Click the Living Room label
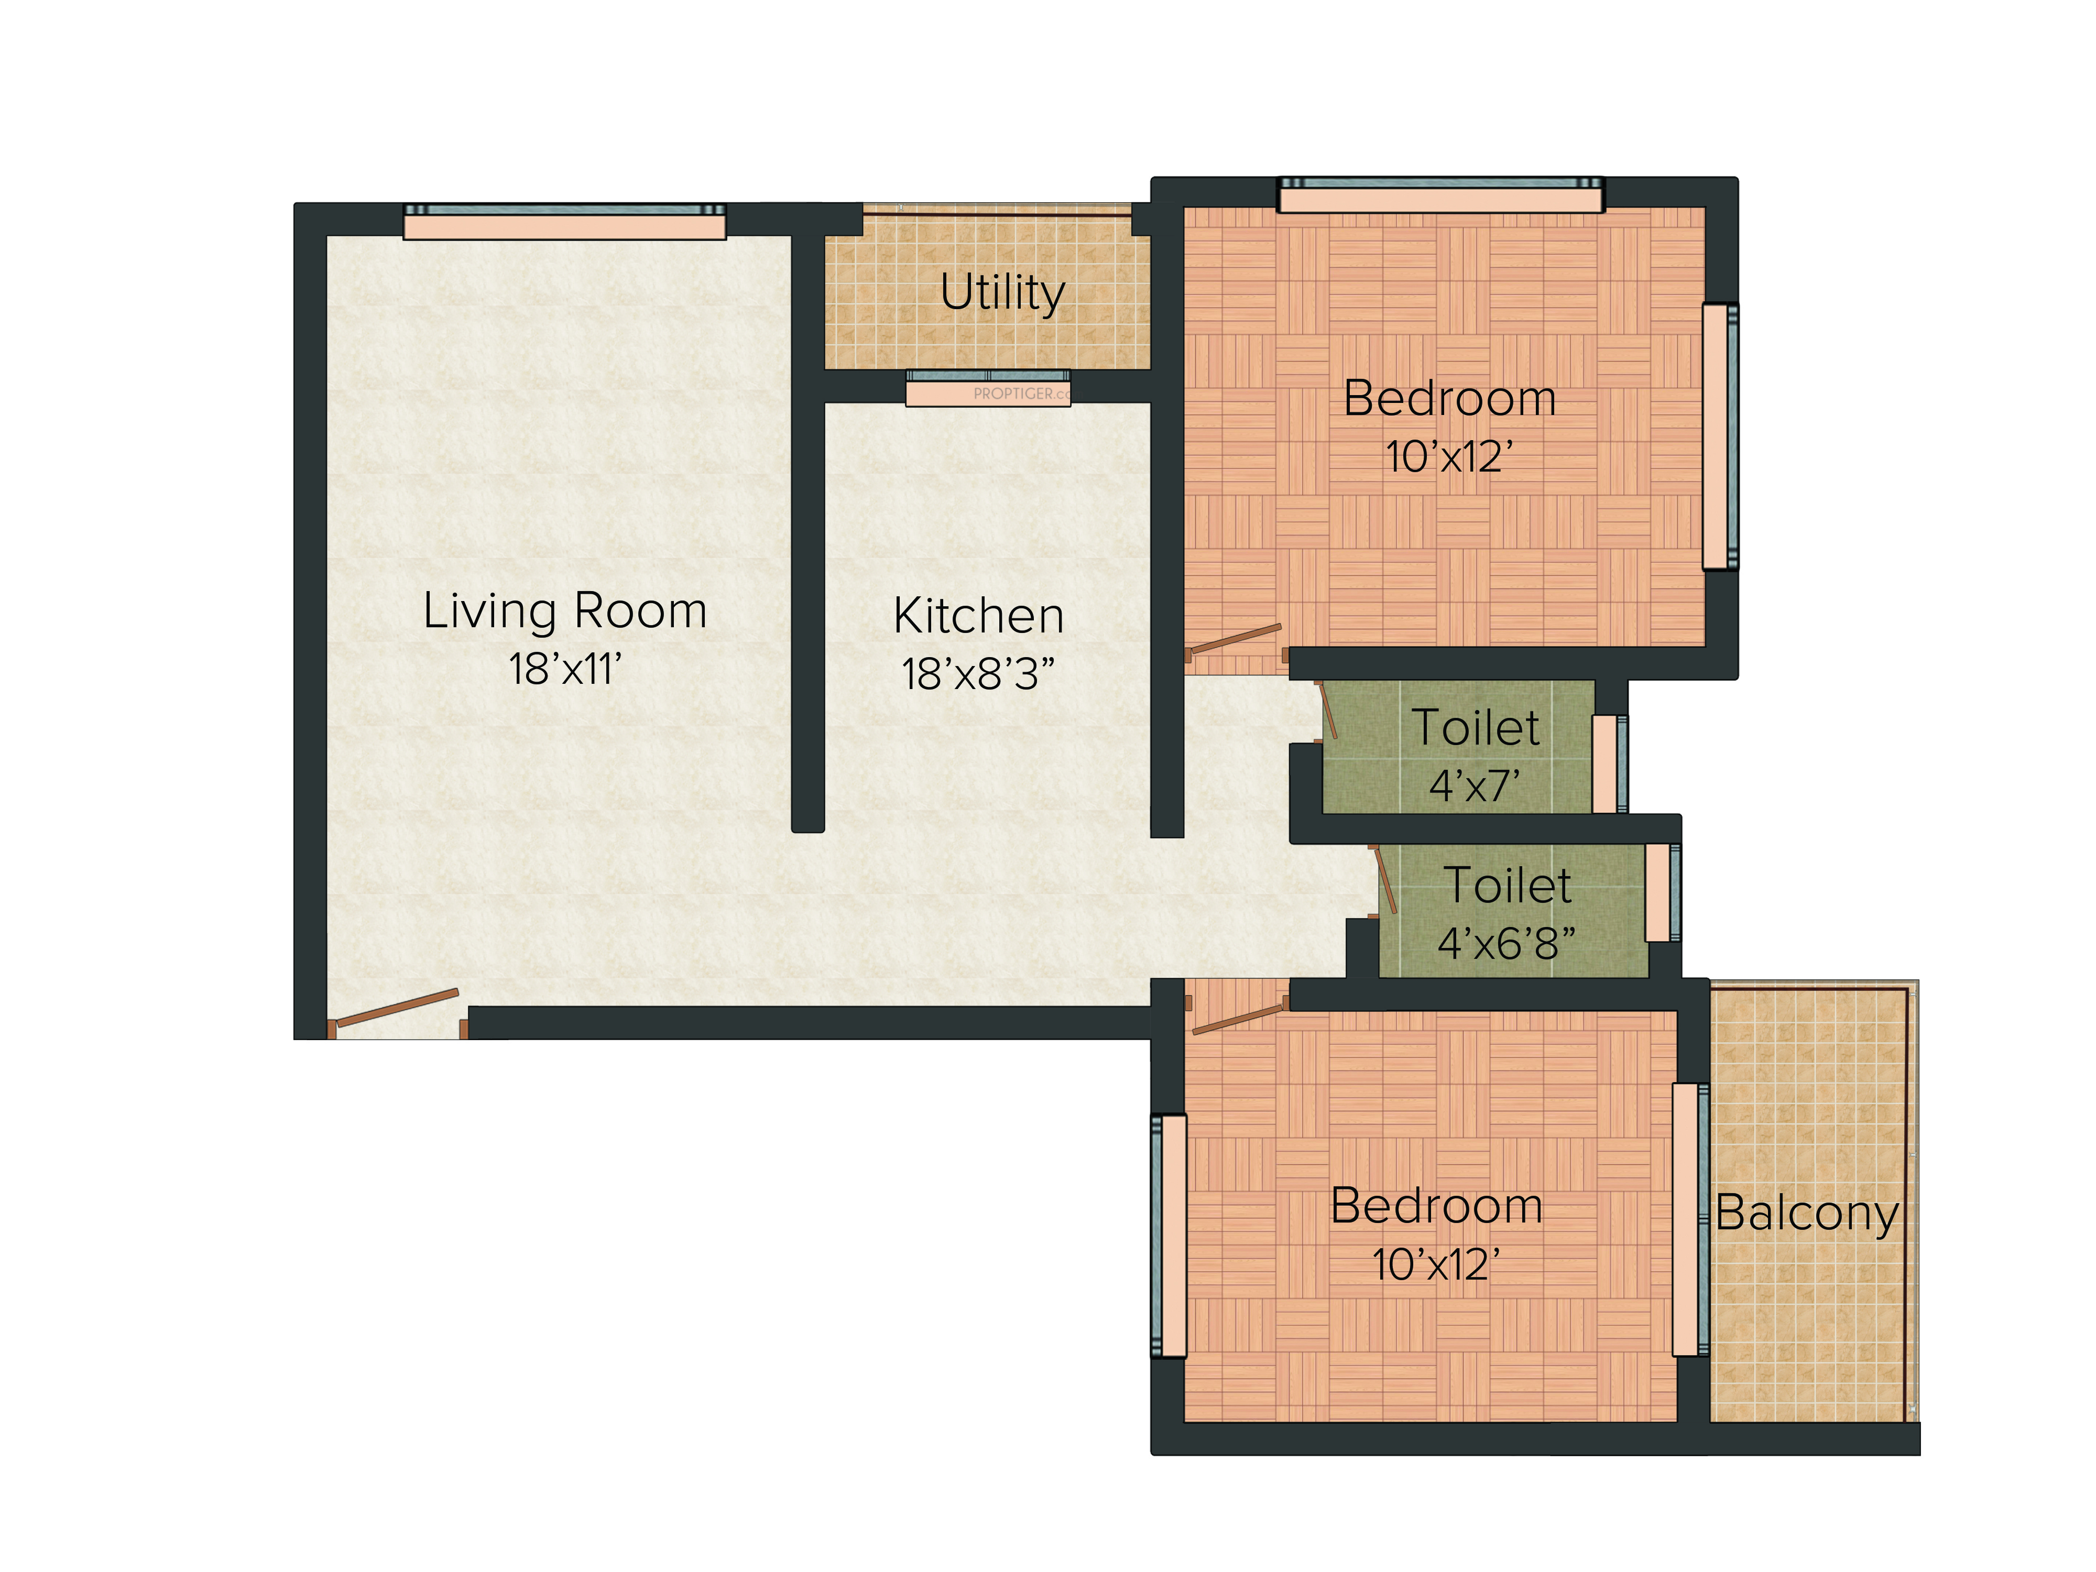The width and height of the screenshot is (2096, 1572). tap(565, 611)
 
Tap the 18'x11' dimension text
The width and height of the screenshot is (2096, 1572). tap(565, 669)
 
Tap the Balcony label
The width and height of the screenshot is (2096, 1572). tap(1807, 1214)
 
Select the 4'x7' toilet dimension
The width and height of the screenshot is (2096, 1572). tap(1476, 785)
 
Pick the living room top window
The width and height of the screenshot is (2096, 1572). tap(565, 222)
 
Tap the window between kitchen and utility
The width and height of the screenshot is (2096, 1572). tap(988, 388)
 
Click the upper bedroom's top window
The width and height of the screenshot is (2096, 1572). tap(1440, 195)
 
